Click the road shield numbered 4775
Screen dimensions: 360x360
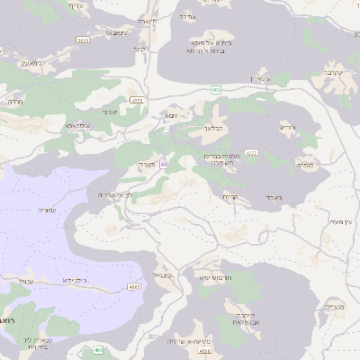click(137, 99)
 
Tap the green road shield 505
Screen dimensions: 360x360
click(216, 90)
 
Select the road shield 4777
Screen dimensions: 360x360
click(251, 153)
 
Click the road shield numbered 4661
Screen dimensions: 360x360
click(134, 286)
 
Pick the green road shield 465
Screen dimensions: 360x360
click(98, 349)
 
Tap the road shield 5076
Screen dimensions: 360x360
click(83, 40)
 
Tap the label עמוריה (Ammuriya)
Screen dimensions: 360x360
click(43, 210)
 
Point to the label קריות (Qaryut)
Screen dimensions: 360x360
click(231, 197)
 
